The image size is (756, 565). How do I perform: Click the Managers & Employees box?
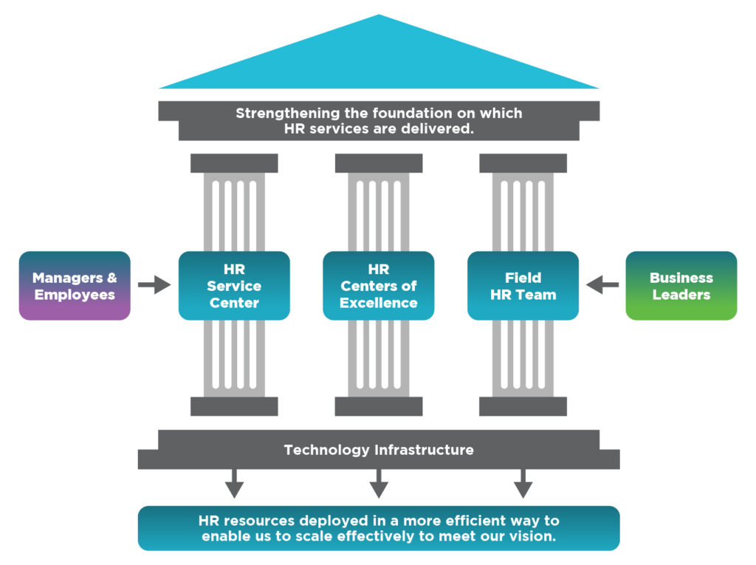click(75, 286)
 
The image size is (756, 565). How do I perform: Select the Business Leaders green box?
click(681, 286)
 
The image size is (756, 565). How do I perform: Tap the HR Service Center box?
click(234, 286)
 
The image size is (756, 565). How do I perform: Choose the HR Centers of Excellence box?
click(379, 286)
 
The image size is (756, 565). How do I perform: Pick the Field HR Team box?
click(523, 286)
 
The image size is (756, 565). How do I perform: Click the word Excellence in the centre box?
click(379, 303)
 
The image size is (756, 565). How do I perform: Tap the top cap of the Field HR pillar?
click(523, 163)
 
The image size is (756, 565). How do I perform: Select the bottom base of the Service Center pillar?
click(234, 406)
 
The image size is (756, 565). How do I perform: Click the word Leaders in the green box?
click(681, 295)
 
